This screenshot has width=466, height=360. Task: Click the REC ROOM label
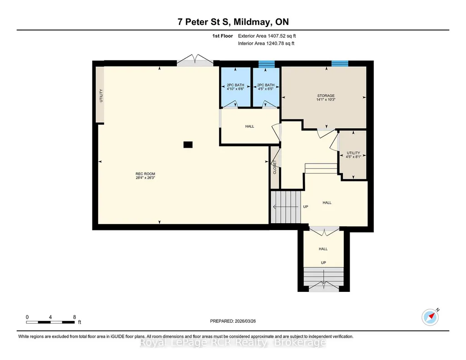coord(145,174)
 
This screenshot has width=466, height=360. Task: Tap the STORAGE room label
coord(326,95)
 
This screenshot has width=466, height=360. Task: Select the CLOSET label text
coord(275,167)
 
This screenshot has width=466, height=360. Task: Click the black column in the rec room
coord(188,145)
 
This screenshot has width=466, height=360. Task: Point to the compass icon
coord(431,317)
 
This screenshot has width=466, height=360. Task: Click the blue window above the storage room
coord(340,63)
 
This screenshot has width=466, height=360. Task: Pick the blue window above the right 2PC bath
coord(266,64)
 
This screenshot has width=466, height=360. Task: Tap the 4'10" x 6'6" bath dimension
coord(236,89)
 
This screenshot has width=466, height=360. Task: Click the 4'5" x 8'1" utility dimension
coord(353,157)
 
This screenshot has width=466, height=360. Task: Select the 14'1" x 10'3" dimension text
coord(326,100)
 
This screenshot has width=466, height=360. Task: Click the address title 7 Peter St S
coord(203,22)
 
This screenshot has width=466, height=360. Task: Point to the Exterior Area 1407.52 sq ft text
coord(267,36)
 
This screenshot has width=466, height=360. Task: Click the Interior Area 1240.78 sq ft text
coord(266,43)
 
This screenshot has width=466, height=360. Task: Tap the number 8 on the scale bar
coord(74,317)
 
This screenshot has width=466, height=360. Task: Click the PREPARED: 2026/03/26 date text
coord(233,321)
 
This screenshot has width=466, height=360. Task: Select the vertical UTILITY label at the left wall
coord(101,95)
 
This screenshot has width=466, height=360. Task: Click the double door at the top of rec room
coord(195,60)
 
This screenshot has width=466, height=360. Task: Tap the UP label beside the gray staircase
coord(306,207)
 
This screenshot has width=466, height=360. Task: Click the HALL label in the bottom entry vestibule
coord(323,249)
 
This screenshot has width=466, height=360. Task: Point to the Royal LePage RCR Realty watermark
coord(233,343)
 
